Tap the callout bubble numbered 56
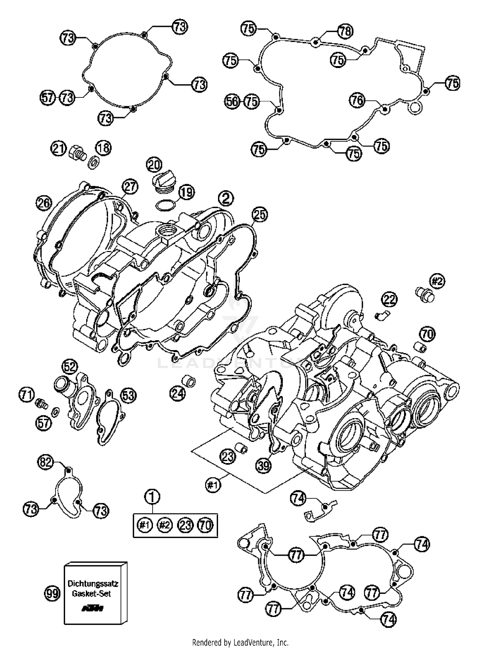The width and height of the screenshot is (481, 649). click(232, 102)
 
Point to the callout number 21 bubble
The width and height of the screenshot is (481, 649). click(58, 149)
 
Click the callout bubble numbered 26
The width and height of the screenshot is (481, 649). click(44, 203)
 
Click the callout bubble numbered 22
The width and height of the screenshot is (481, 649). click(389, 300)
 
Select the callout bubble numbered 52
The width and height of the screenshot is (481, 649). click(70, 367)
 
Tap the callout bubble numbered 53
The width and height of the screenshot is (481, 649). click(128, 395)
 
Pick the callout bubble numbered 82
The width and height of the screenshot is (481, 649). click(46, 462)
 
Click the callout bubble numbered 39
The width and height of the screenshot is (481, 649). click(264, 466)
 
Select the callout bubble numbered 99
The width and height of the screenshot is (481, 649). click(52, 594)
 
